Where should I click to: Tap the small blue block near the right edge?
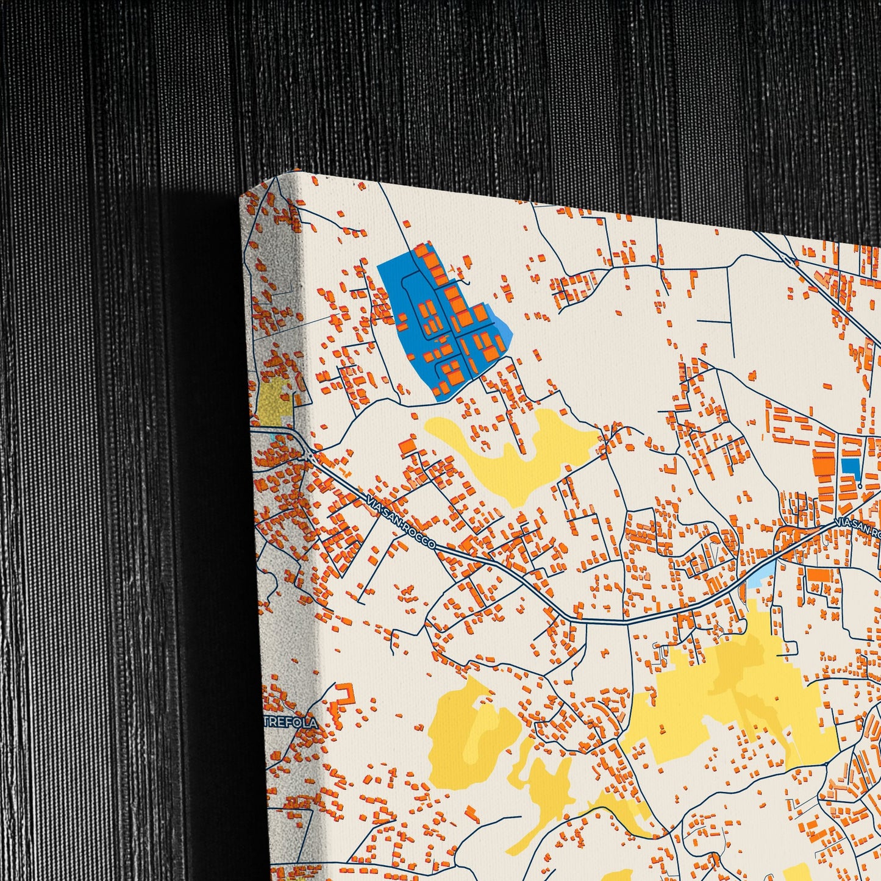coord(849,468)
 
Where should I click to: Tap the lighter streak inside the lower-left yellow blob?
coord(482,744)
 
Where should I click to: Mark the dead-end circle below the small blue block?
coord(859,486)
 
